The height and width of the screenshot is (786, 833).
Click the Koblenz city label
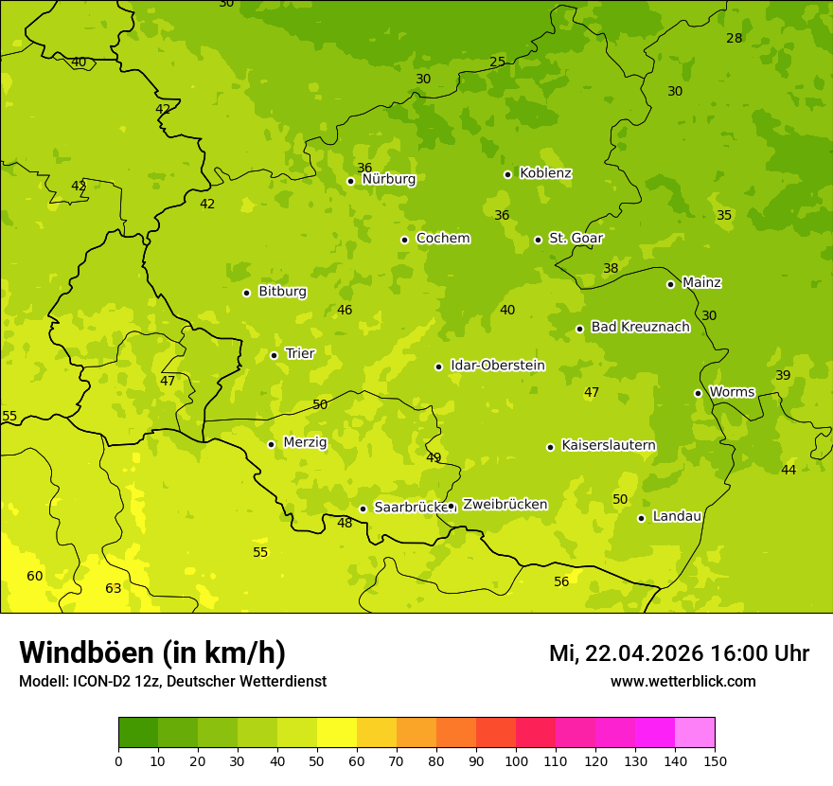click(545, 173)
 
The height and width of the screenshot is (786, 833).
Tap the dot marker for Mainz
click(670, 284)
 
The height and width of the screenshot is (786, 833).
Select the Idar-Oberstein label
click(498, 366)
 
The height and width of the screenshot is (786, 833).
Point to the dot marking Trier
click(274, 355)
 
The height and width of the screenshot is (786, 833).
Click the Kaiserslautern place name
click(609, 445)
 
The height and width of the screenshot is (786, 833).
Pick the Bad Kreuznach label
click(640, 327)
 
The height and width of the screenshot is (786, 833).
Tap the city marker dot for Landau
click(641, 518)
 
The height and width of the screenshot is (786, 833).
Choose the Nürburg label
click(388, 179)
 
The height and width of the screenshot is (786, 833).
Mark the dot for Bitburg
click(246, 293)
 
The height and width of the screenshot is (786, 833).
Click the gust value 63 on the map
click(113, 588)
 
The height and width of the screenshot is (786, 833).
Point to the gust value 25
click(497, 63)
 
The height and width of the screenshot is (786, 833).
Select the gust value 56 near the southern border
click(561, 581)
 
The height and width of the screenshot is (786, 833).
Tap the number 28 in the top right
click(735, 38)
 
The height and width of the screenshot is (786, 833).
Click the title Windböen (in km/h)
click(152, 652)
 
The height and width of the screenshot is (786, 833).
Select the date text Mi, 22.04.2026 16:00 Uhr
click(679, 653)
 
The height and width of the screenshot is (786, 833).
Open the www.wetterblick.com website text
click(682, 681)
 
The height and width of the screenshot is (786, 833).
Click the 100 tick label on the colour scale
click(516, 760)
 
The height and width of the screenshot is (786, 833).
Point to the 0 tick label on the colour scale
click(118, 760)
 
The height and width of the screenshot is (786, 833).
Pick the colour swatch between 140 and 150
click(695, 733)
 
